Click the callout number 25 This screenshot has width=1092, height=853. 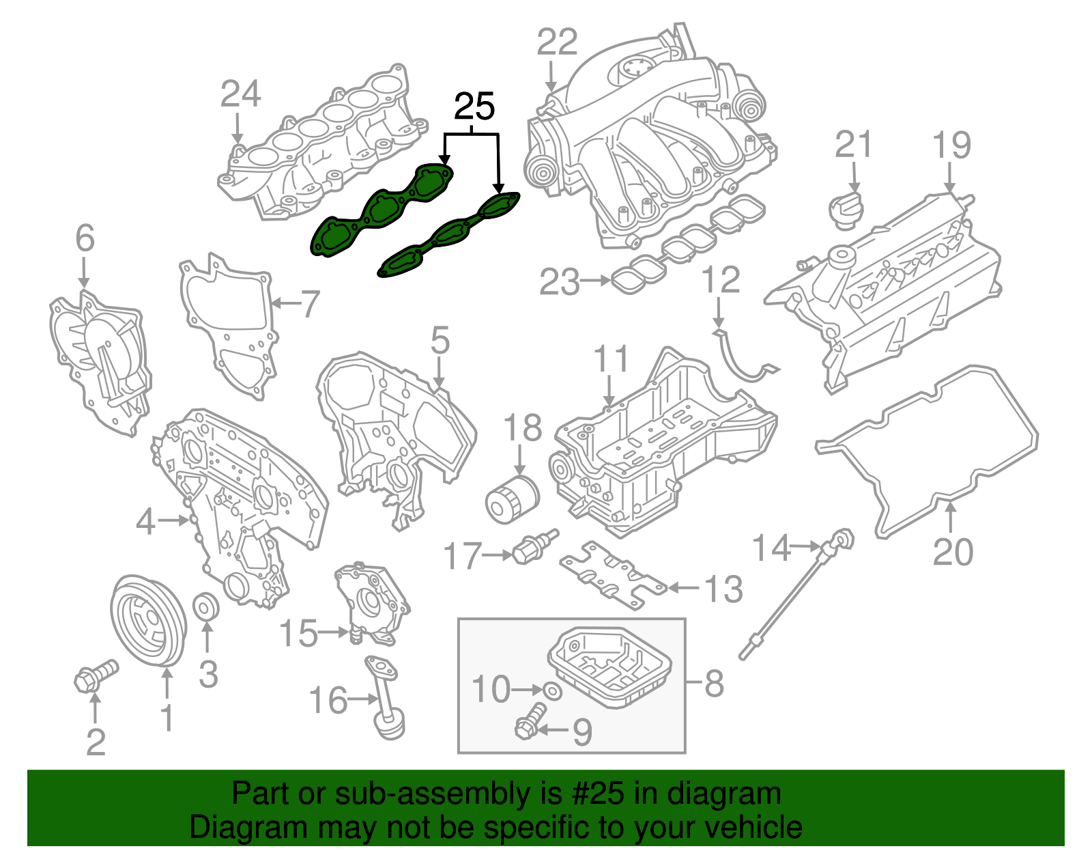[x=474, y=107]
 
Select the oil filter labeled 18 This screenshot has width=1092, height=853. [x=512, y=502]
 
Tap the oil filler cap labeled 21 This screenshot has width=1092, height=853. [x=846, y=210]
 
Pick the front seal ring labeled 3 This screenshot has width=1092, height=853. [x=207, y=606]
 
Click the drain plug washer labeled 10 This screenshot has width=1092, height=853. [x=553, y=690]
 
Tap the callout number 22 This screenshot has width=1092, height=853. [x=556, y=42]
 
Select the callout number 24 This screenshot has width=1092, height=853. [x=240, y=94]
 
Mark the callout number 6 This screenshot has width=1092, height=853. [x=85, y=238]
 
